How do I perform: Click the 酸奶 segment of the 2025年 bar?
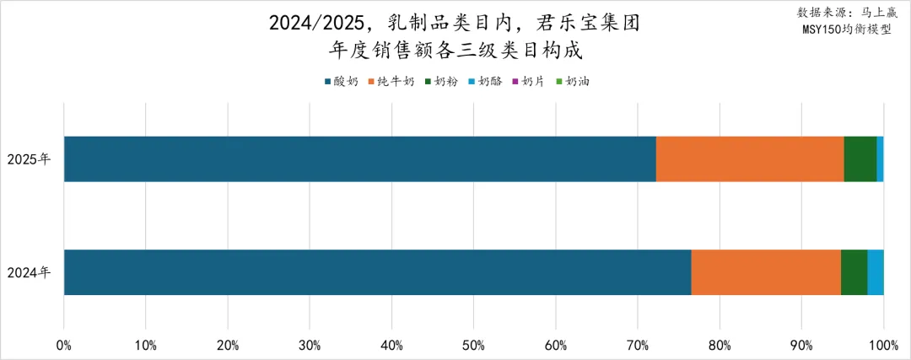pyautogui.click(x=359, y=159)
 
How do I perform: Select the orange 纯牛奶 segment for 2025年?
pyautogui.click(x=750, y=159)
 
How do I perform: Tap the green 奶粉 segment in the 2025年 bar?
pyautogui.click(x=860, y=159)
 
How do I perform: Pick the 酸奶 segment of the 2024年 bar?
pyautogui.click(x=377, y=272)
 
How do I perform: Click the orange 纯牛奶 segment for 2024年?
pyautogui.click(x=766, y=272)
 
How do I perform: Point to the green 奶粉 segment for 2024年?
pyautogui.click(x=854, y=272)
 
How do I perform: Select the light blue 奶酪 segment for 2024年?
pyautogui.click(x=876, y=272)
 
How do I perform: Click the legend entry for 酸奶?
pyautogui.click(x=342, y=82)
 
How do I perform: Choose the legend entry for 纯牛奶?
pyautogui.click(x=391, y=82)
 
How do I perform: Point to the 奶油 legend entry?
pyautogui.click(x=573, y=82)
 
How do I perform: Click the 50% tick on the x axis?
pyautogui.click(x=474, y=345)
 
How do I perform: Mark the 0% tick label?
pyautogui.click(x=64, y=345)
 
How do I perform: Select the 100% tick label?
pyautogui.click(x=882, y=345)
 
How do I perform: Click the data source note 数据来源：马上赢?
pyautogui.click(x=847, y=13)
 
